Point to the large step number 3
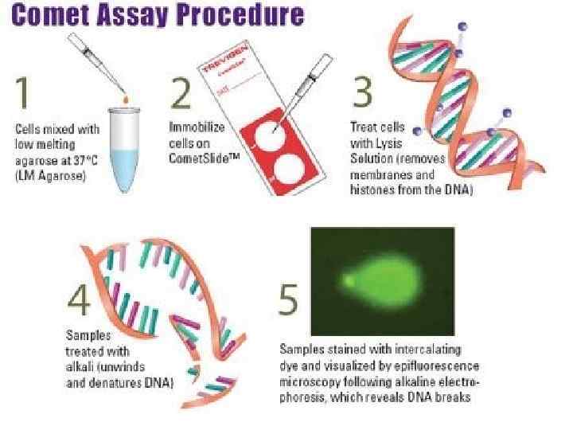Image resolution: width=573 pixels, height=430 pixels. (362, 94)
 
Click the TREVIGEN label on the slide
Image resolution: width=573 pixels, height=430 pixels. (223, 61)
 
